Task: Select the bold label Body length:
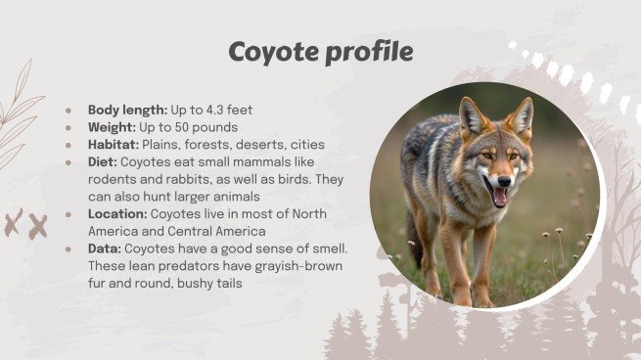pos(127,110)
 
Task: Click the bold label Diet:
pos(103,162)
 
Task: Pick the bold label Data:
pos(104,249)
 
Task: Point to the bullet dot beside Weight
pos(69,128)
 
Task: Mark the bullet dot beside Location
pos(69,215)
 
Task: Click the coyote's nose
pos(504,181)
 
